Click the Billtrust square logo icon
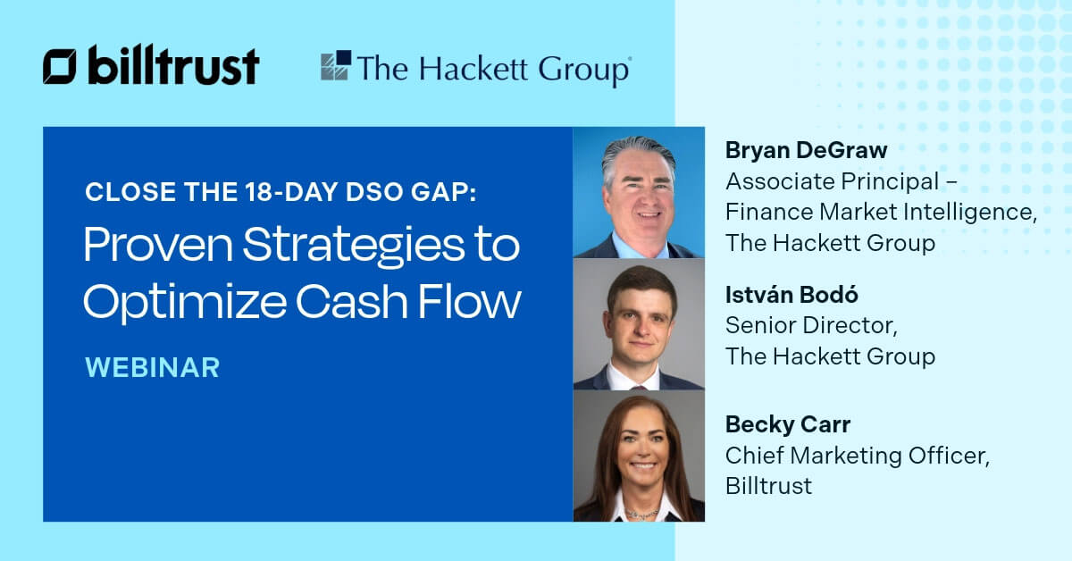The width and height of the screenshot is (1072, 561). [60, 67]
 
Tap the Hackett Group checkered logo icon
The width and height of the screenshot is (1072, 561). [336, 67]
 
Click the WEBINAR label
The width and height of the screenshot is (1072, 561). [152, 367]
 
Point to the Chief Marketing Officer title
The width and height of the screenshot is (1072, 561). [857, 456]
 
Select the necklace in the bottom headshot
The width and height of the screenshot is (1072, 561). [638, 512]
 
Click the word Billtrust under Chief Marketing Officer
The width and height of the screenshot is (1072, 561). [768, 486]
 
